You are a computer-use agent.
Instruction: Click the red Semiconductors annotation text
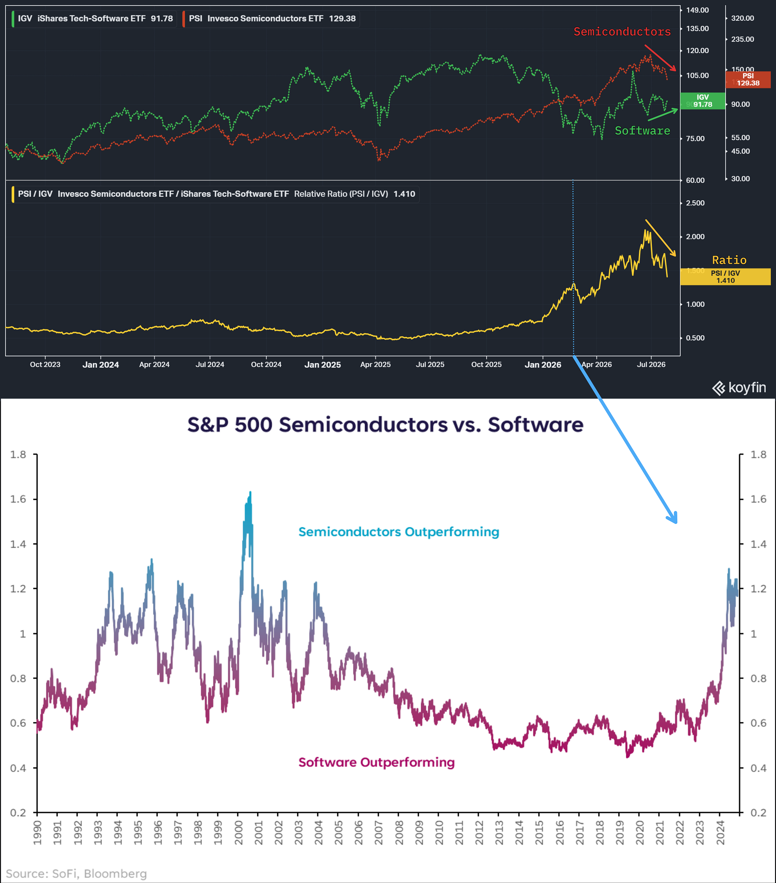622,32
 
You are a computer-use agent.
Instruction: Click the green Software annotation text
642,130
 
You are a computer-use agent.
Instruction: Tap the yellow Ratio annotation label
729,260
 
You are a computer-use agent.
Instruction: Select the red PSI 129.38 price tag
748,79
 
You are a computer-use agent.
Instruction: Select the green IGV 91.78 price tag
703,101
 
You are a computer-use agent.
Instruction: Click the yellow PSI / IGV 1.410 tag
725,277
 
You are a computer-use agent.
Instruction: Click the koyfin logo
739,388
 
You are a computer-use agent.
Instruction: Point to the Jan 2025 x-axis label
322,365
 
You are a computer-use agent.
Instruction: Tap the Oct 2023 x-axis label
45,365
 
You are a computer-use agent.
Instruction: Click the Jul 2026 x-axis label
651,365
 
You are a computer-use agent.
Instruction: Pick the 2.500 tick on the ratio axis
695,203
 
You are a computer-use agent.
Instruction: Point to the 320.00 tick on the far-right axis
742,18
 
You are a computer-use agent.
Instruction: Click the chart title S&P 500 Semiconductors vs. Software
385,424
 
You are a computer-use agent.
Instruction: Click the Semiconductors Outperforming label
399,532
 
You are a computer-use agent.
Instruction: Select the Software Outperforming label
376,763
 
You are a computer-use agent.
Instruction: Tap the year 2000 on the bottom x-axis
238,833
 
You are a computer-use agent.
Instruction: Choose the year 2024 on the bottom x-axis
720,833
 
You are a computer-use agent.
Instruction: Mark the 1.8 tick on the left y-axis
18,454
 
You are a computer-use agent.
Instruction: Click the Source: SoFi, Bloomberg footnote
76,874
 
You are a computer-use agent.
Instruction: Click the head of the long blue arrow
676,522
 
